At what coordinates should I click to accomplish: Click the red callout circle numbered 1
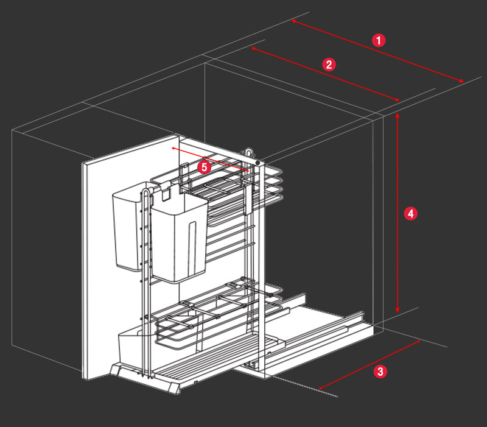point(379,41)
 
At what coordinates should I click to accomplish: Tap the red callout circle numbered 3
point(380,371)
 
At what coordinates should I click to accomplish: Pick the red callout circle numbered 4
point(411,214)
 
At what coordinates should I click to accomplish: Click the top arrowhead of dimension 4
point(398,115)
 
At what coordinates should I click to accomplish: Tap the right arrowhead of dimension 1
point(462,80)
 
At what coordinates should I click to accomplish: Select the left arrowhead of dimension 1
point(293,21)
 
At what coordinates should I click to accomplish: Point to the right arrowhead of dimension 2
point(398,100)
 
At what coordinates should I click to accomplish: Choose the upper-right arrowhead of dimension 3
point(419,342)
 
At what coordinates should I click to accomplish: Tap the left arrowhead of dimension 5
point(173,148)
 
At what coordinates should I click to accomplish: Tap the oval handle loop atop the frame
point(248,152)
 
